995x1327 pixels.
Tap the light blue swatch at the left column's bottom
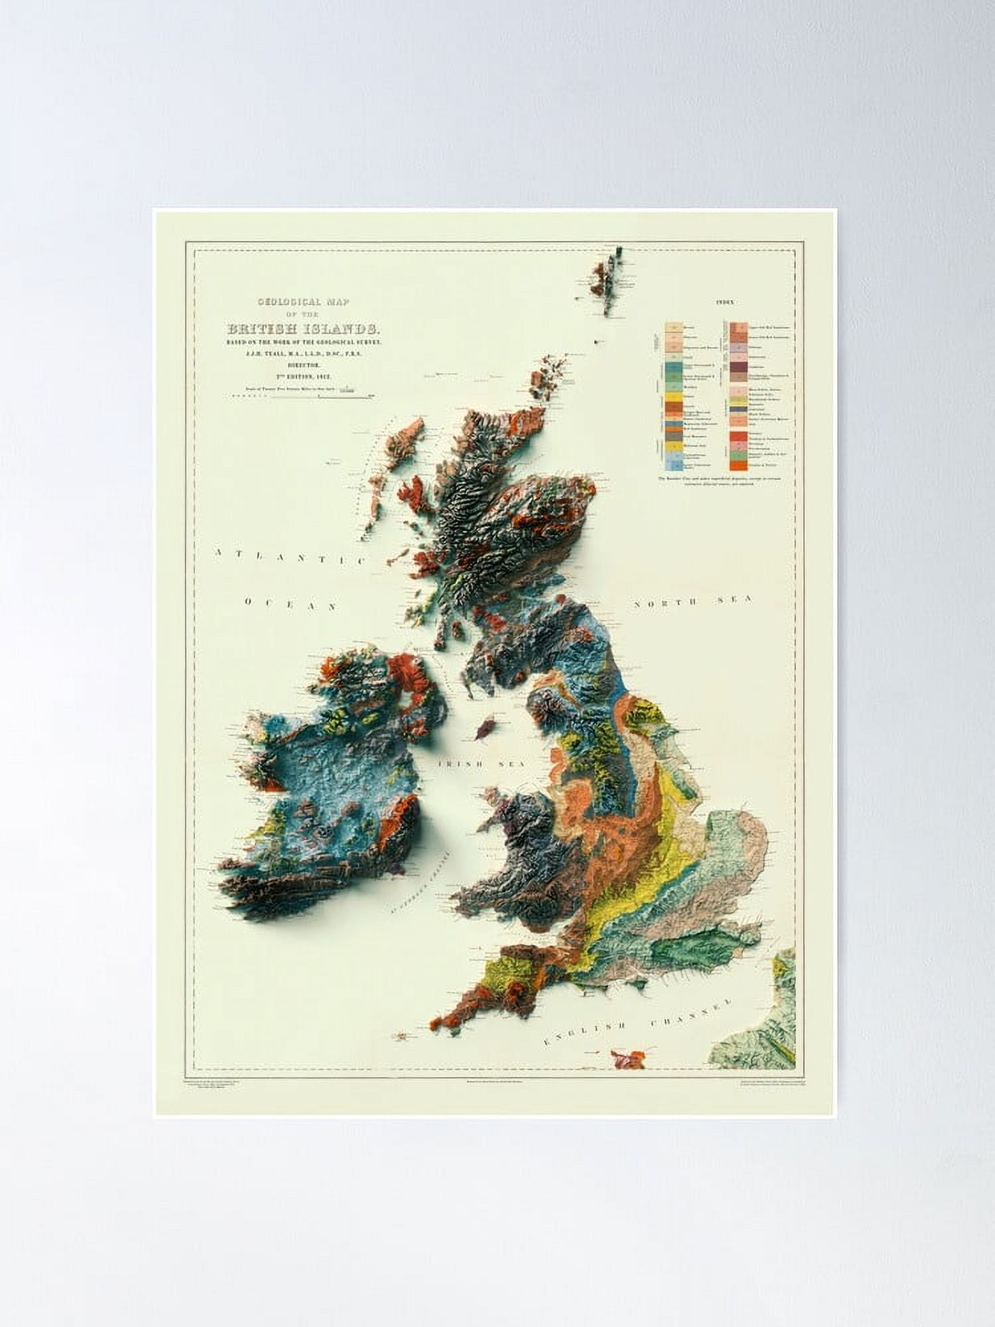(x=673, y=465)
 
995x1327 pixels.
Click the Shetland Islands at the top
(x=607, y=275)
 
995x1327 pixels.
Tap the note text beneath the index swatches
(x=723, y=480)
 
